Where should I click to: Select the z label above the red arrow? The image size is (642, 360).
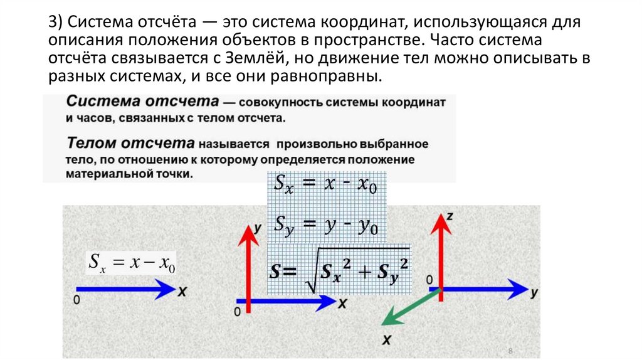[450, 216]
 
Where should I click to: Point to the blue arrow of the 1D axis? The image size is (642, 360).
[125, 290]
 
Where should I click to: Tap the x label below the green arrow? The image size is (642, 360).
[386, 339]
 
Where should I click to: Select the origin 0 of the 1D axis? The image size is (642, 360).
[76, 300]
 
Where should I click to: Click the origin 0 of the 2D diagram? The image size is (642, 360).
[237, 312]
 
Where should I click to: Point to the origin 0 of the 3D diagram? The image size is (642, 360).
[429, 279]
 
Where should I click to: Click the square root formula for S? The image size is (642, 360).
[339, 270]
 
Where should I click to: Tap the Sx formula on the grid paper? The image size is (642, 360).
[326, 185]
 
